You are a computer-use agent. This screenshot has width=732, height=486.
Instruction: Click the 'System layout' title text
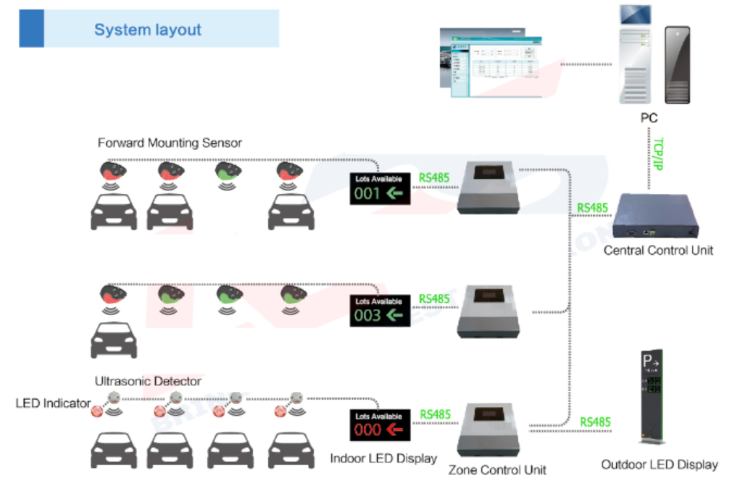[x=148, y=30]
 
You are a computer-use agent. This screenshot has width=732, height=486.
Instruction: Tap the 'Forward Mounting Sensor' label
[x=170, y=143]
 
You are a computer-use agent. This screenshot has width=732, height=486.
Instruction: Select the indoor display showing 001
[x=380, y=188]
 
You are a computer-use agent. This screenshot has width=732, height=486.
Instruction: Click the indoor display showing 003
[x=380, y=311]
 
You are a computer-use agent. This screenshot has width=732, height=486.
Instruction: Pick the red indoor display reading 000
[x=380, y=425]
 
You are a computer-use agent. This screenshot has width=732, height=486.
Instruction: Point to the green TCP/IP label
[x=658, y=154]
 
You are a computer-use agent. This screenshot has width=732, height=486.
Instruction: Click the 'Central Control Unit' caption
[x=658, y=251]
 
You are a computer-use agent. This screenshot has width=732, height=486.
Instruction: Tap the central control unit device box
[x=655, y=217]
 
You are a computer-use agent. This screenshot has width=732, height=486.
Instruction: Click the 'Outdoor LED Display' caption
[x=660, y=465]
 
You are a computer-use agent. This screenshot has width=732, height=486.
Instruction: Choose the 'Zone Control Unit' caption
[x=497, y=470]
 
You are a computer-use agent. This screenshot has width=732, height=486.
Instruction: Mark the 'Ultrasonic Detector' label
[x=148, y=381]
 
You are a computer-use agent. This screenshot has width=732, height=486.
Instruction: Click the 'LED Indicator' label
[x=53, y=403]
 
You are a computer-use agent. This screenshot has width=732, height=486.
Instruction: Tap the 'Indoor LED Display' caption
[x=383, y=458]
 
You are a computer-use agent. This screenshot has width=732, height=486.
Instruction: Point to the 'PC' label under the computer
[x=649, y=117]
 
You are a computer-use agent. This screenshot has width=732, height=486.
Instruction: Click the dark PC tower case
[x=678, y=65]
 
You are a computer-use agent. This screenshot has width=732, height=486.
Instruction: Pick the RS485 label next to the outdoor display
[x=595, y=422]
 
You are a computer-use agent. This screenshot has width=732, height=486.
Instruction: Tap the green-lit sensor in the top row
[x=228, y=171]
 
